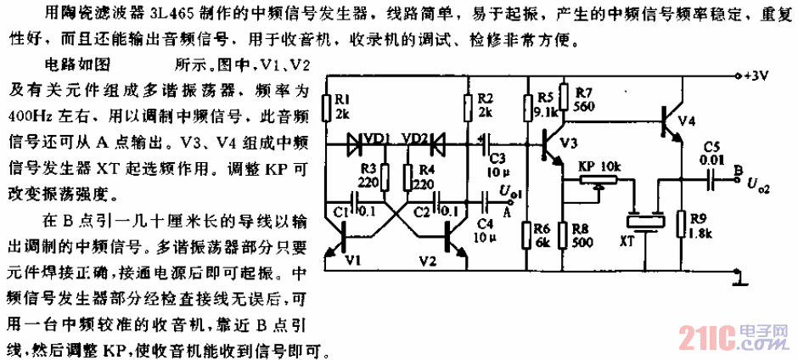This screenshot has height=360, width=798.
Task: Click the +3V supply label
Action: [x=755, y=76]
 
